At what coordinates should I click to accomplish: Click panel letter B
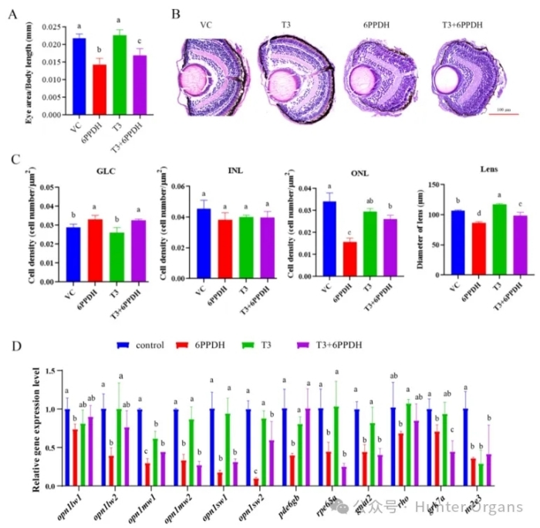coord(176,13)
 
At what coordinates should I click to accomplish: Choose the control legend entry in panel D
coord(144,345)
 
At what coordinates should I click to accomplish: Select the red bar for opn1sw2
coord(254,482)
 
